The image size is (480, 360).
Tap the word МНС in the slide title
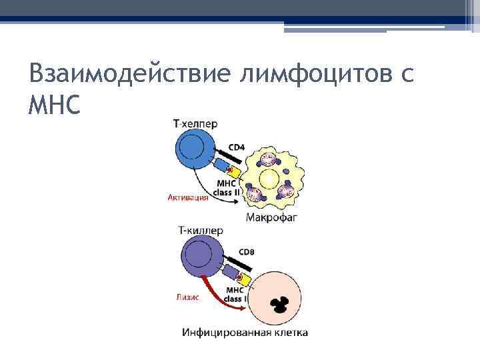(54, 105)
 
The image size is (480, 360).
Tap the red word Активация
(187, 197)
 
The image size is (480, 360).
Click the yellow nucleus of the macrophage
(269, 178)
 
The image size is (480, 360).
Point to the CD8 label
(247, 252)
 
